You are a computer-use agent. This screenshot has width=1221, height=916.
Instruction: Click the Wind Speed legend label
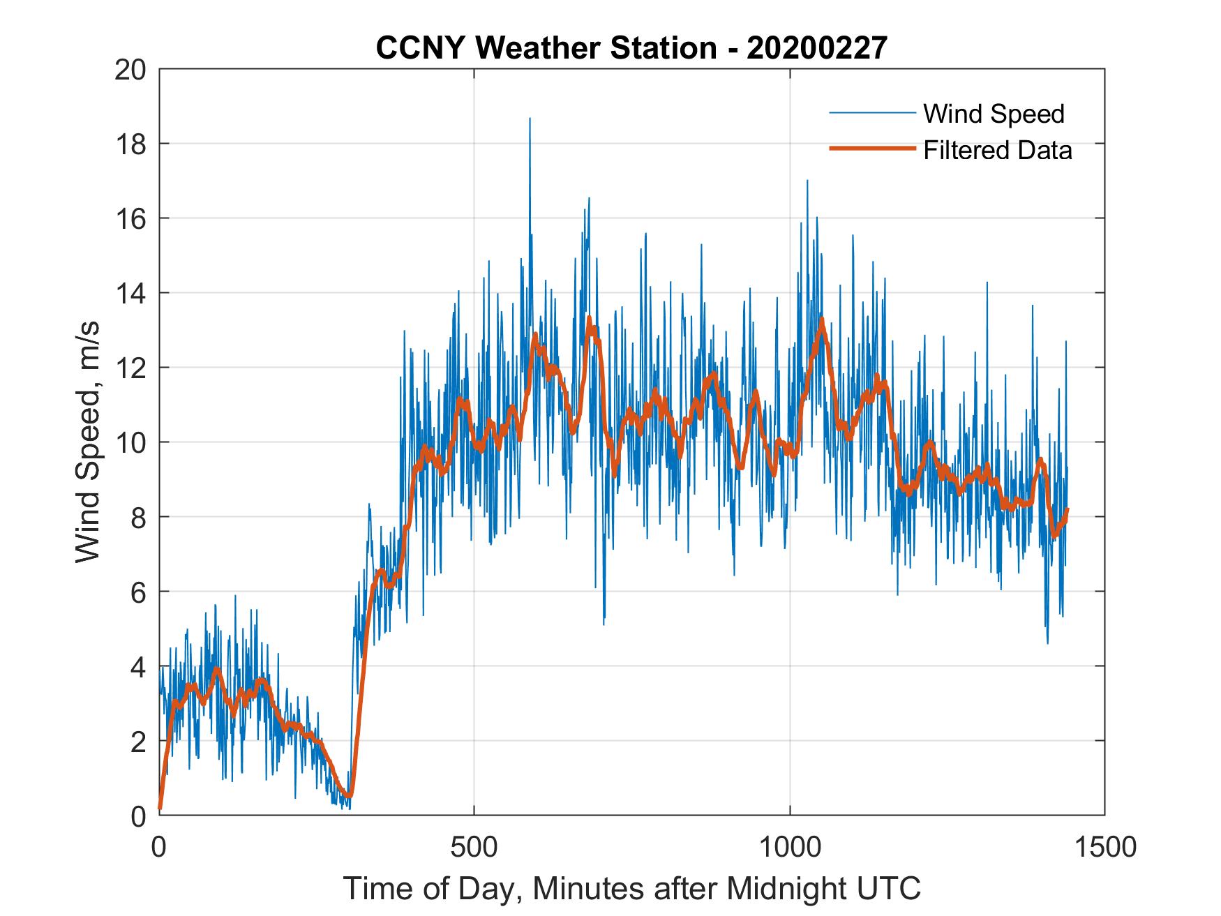pyautogui.click(x=994, y=114)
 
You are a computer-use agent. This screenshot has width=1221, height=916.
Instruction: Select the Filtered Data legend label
pyautogui.click(x=997, y=150)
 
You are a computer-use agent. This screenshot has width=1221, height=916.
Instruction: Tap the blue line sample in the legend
pyautogui.click(x=871, y=113)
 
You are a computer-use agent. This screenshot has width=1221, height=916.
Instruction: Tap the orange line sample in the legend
pyautogui.click(x=871, y=149)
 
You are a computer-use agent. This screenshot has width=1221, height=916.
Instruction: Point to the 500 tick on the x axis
pyautogui.click(x=474, y=847)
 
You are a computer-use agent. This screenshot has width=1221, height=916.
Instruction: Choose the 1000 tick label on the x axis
pyautogui.click(x=790, y=847)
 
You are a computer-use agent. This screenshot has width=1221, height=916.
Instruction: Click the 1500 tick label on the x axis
pyautogui.click(x=1105, y=847)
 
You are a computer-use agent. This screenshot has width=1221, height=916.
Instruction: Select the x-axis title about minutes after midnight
pyautogui.click(x=631, y=888)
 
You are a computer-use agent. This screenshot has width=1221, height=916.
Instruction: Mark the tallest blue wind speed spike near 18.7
pyautogui.click(x=530, y=120)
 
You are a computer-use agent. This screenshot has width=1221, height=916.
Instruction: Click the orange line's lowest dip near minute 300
pyautogui.click(x=349, y=795)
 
